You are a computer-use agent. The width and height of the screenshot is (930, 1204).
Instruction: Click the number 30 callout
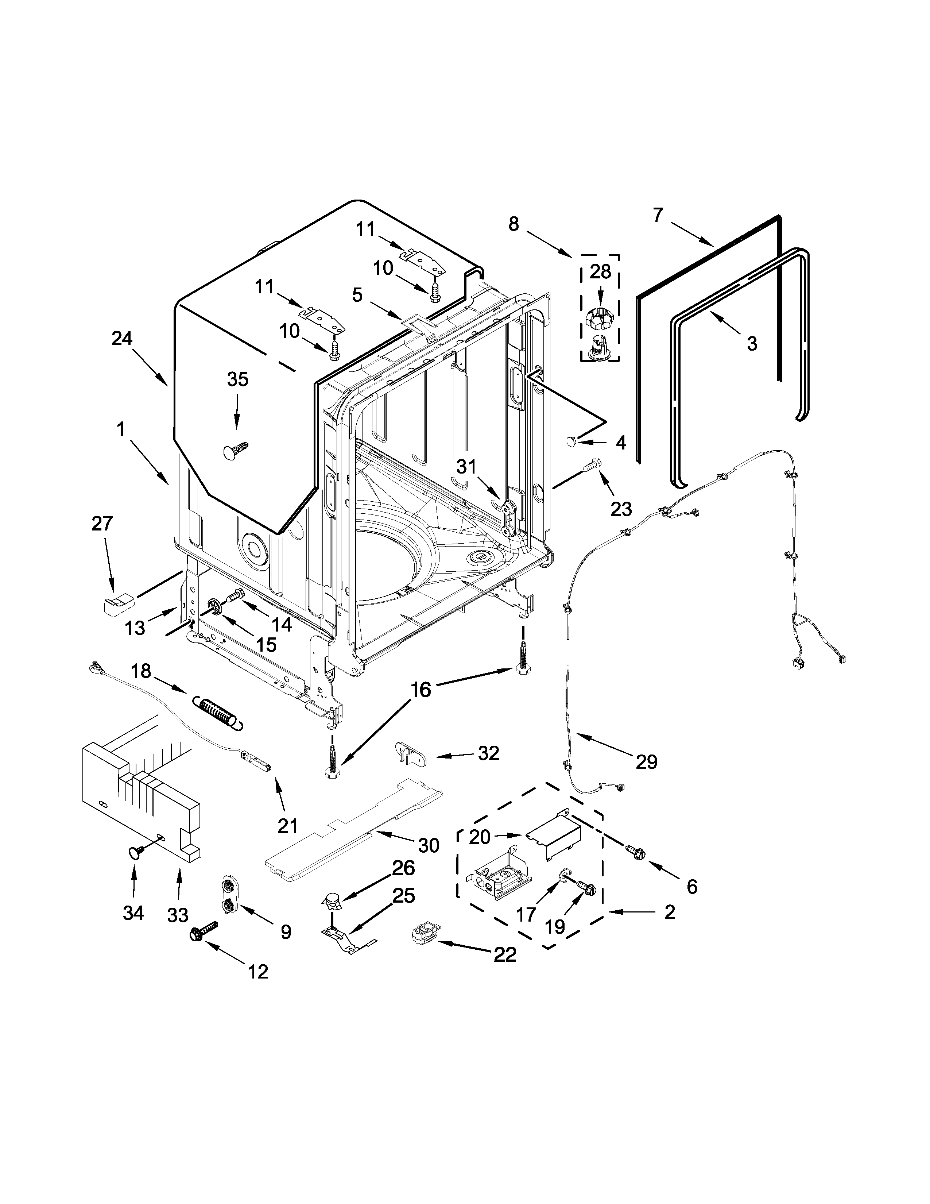(429, 845)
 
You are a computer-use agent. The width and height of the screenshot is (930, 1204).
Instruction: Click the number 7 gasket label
(658, 215)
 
